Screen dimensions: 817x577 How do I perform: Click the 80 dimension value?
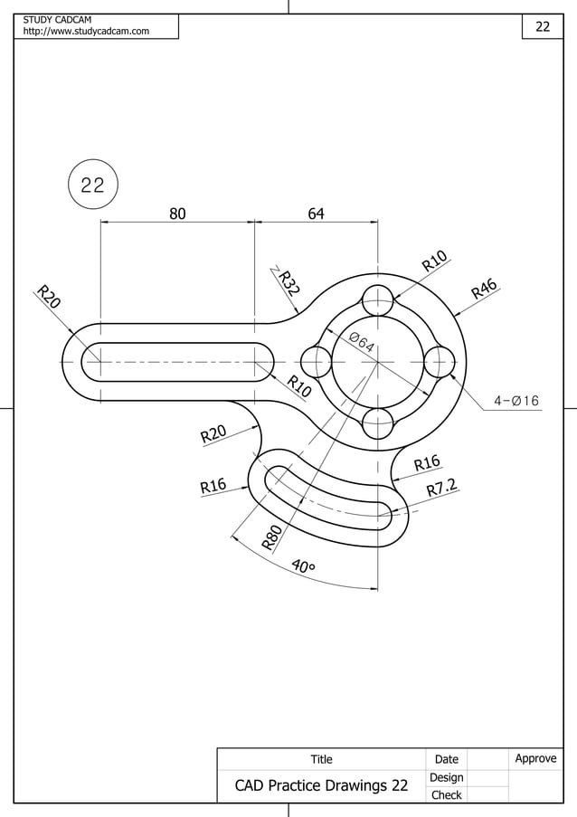177,214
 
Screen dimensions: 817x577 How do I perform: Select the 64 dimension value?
316,214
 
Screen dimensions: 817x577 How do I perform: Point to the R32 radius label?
288,283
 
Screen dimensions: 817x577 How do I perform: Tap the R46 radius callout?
485,290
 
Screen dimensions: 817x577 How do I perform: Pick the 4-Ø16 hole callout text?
516,401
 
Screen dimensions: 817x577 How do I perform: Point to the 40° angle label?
304,567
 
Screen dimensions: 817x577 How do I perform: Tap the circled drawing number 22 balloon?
92,185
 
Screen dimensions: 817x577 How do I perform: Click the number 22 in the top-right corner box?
543,26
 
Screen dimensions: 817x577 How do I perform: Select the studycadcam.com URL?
86,32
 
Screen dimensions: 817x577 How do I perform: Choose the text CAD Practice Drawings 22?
321,785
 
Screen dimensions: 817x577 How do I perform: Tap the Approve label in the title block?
535,758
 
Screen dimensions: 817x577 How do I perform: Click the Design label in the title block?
446,777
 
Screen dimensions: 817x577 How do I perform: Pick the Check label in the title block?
446,795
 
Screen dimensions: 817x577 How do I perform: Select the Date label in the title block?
446,759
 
